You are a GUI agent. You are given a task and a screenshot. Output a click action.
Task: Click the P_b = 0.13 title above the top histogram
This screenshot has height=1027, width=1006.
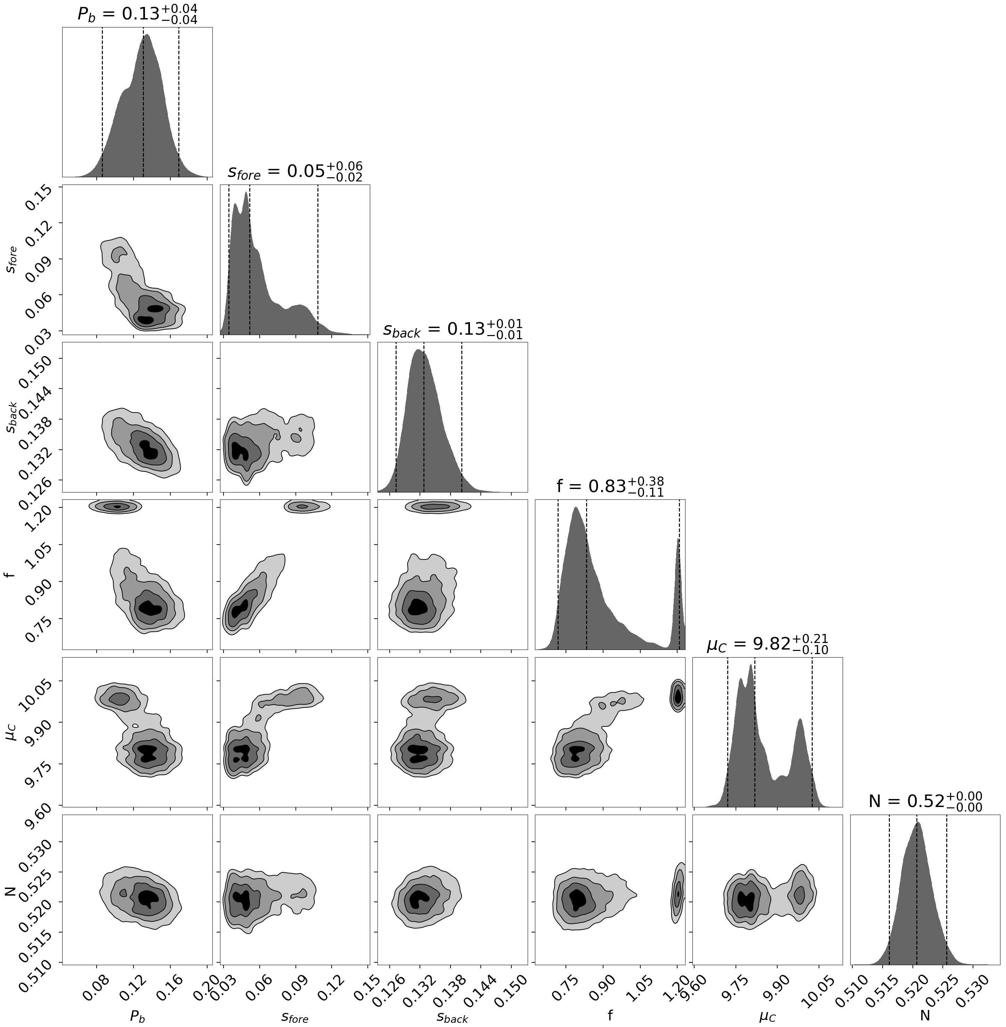[x=137, y=14]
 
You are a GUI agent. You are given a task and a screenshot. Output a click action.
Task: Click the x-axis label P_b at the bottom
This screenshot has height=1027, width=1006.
[x=137, y=1014]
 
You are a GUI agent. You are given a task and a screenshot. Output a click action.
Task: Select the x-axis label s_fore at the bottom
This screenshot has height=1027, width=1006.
[x=295, y=1014]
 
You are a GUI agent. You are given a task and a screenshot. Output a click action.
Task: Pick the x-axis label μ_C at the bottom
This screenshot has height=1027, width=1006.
[x=767, y=1014]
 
